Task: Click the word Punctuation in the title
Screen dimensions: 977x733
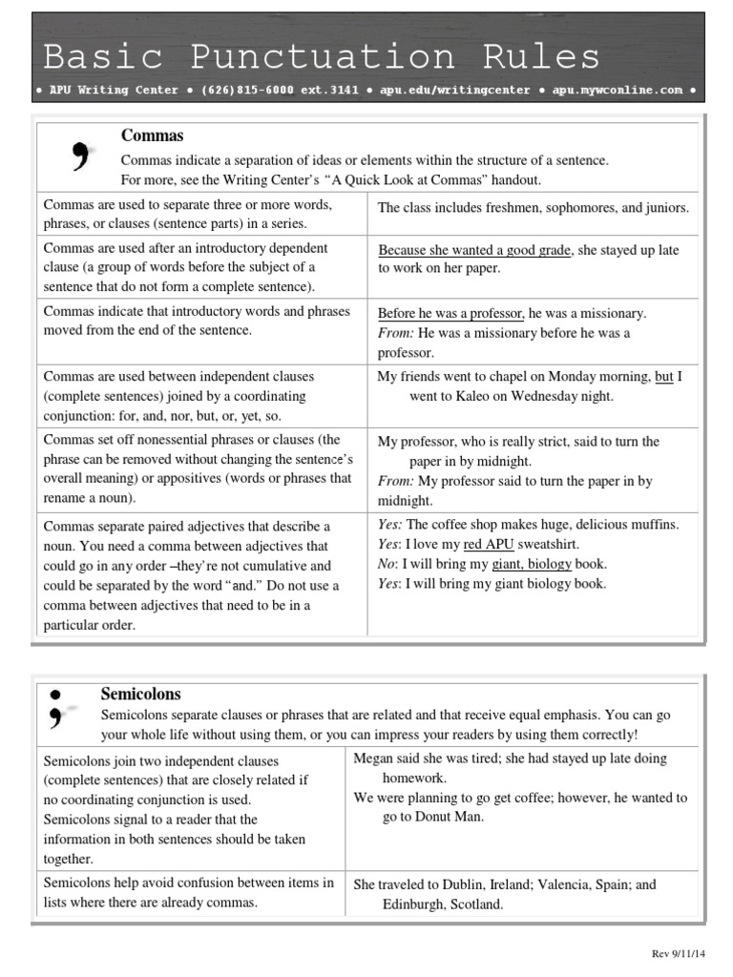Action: pos(322,56)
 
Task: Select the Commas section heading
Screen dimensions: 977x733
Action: pos(152,135)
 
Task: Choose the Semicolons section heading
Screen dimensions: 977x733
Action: pos(140,694)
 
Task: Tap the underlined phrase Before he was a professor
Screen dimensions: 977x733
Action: pos(451,313)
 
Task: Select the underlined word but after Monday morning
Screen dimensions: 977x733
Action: pos(663,376)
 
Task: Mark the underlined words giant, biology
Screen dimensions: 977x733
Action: pos(532,564)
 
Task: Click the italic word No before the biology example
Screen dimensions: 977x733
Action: pos(387,564)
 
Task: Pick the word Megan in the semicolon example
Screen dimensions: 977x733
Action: pos(373,759)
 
